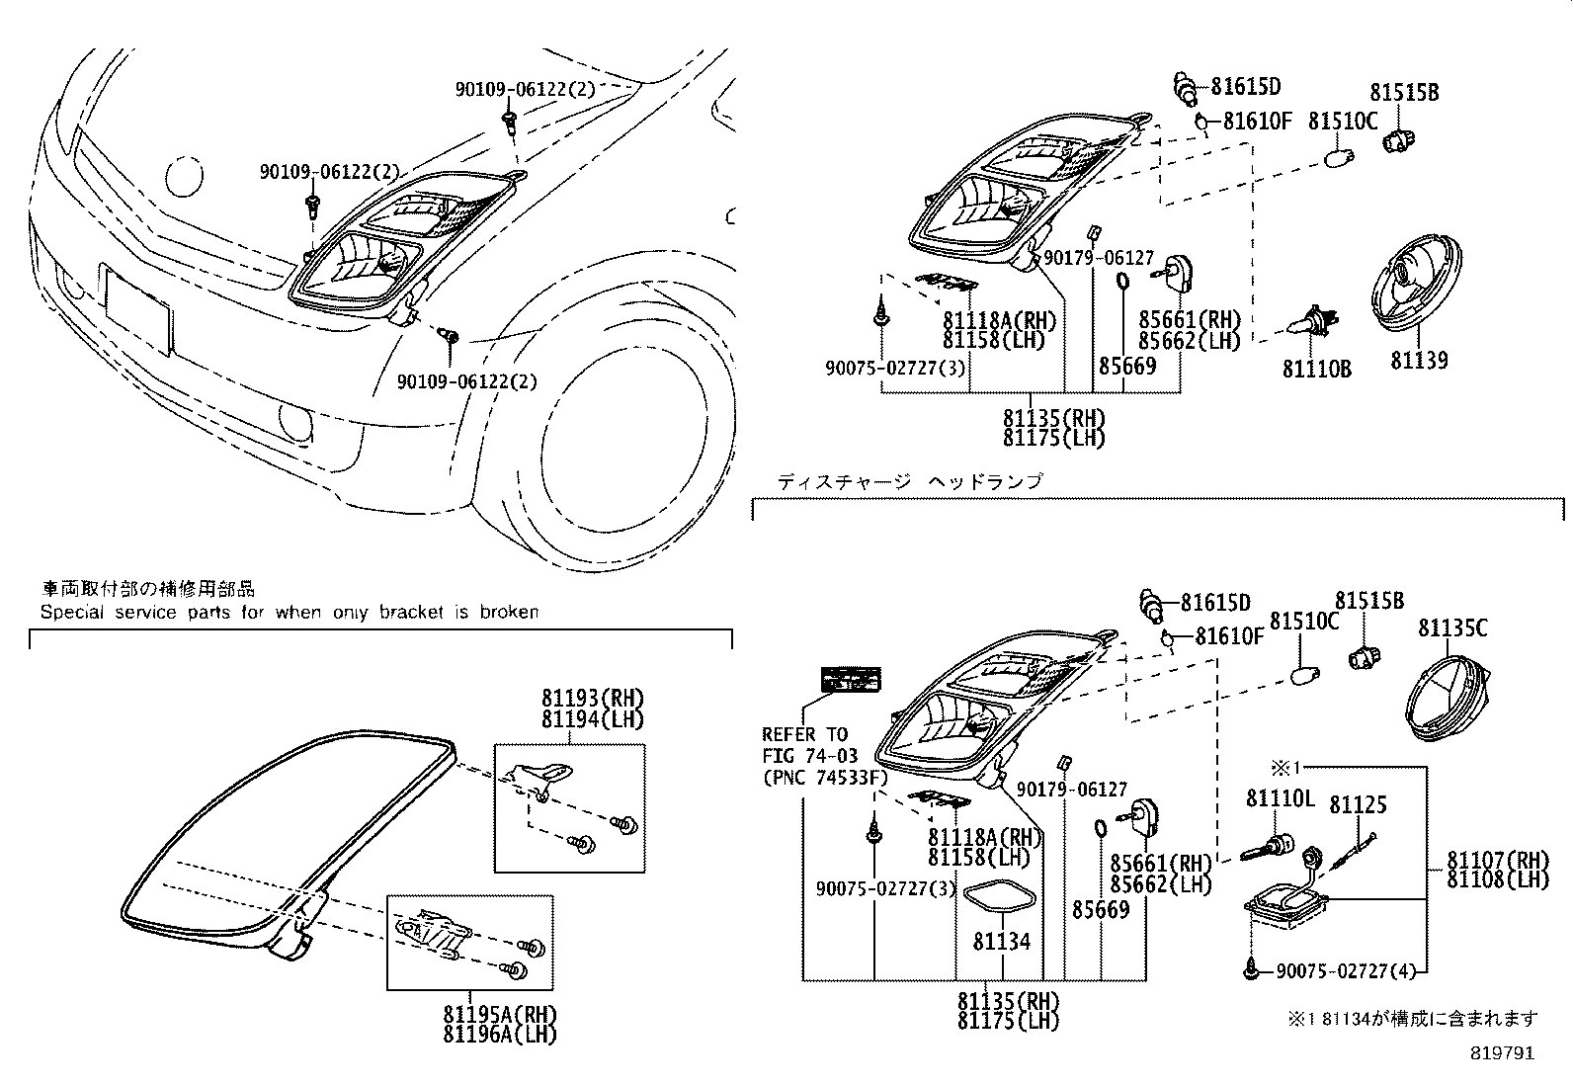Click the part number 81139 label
click(x=1419, y=361)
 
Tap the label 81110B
click(x=1316, y=369)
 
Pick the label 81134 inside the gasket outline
click(x=1001, y=942)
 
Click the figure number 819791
click(x=1501, y=1053)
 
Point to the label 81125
click(x=1358, y=805)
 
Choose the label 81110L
click(x=1280, y=797)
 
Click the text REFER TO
click(x=804, y=734)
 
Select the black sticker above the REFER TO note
click(x=851, y=679)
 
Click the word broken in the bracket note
click(x=509, y=612)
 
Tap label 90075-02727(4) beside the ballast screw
click(x=1345, y=971)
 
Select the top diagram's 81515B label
click(x=1403, y=93)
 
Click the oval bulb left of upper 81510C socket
click(x=1338, y=156)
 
